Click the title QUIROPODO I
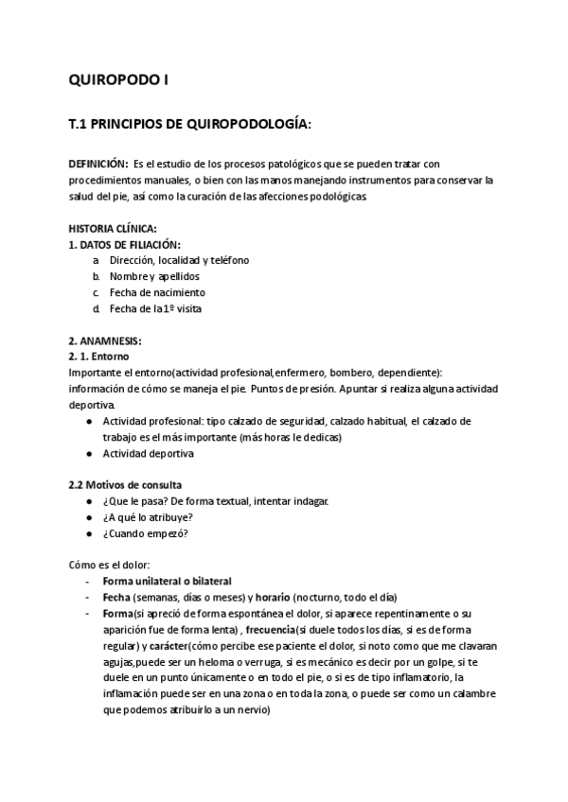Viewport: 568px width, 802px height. coord(119,80)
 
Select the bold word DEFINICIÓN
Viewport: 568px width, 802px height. coord(98,165)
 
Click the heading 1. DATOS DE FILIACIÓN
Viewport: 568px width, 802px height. coord(124,245)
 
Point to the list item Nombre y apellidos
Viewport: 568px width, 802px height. coord(154,276)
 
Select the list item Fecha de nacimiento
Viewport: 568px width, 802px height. coord(157,292)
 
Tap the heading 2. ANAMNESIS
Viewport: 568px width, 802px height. coord(106,340)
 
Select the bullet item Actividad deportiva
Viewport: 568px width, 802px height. coord(148,453)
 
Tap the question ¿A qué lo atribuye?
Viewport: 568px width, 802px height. coord(148,516)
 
